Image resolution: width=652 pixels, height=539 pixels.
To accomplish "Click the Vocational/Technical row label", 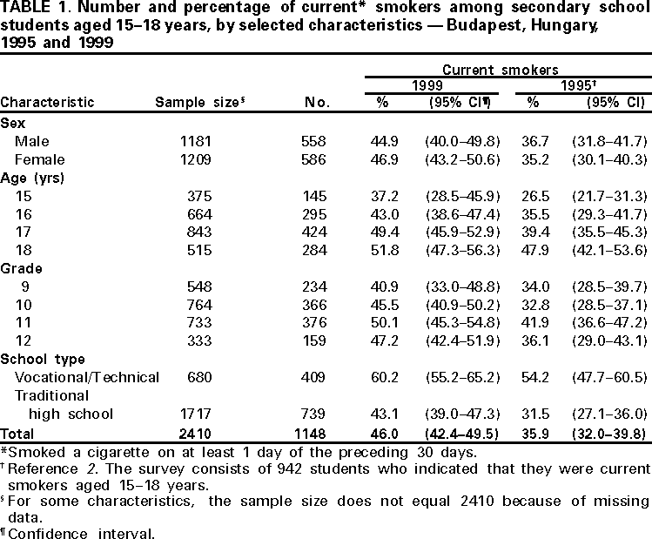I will click(x=87, y=377).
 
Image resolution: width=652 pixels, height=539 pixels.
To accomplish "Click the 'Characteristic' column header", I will click(x=47, y=102).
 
